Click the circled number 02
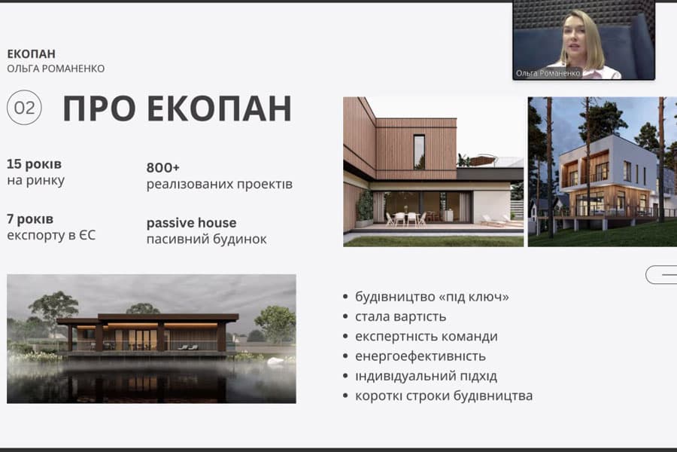tap(24, 108)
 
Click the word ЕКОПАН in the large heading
tap(220, 108)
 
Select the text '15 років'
tap(34, 164)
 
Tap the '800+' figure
tap(162, 167)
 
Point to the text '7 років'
tap(30, 219)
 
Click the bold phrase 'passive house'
tap(191, 223)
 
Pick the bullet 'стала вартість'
tap(400, 316)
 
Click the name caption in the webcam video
tap(548, 74)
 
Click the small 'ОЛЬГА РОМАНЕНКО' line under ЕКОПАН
tap(56, 69)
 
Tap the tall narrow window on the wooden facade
tap(419, 152)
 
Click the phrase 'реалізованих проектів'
tap(220, 185)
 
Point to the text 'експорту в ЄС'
tap(51, 235)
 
